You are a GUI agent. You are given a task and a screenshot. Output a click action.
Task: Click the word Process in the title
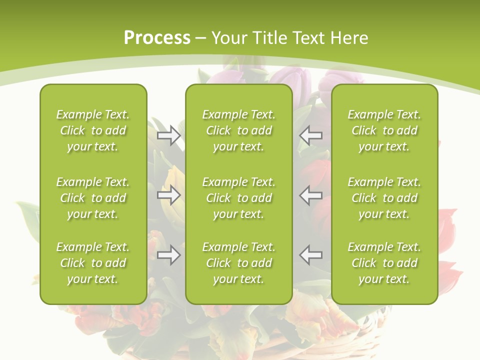coord(157,38)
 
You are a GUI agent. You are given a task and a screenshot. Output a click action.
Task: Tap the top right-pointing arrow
coord(168,135)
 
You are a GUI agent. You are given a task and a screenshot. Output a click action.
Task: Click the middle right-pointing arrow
coord(168,195)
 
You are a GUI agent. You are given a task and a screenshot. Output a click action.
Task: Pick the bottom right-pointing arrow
coord(168,255)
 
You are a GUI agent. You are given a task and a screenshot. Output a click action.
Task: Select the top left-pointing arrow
coord(311,135)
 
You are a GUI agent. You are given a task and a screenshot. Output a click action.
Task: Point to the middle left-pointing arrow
coord(311,195)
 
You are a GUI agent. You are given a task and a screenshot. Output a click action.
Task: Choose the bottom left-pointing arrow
coord(311,255)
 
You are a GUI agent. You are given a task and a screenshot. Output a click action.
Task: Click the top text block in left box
coord(93,130)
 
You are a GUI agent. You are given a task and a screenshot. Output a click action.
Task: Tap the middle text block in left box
coord(93,198)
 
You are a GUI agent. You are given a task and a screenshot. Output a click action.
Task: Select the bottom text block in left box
coord(93,263)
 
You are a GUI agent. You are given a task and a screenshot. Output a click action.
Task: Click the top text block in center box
coord(239,130)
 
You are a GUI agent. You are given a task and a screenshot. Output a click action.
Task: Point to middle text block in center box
coord(239,198)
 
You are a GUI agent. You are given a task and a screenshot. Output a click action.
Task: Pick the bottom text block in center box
coord(239,263)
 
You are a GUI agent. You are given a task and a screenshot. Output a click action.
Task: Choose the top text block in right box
coord(384,130)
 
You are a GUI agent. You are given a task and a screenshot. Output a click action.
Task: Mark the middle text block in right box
coord(384,198)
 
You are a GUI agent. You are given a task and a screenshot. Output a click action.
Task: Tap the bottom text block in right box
coord(384,263)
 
